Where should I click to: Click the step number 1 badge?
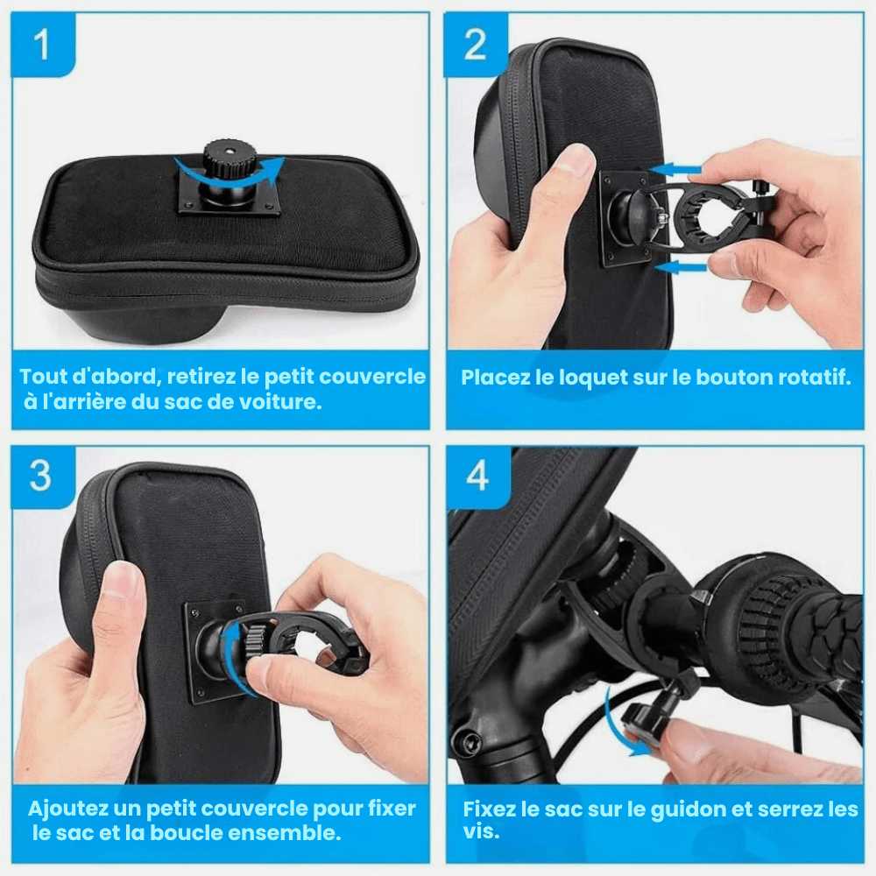43,45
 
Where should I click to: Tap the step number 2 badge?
476,45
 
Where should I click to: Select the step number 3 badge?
43,477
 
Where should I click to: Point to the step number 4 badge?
477,477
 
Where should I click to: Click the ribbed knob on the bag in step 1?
230,158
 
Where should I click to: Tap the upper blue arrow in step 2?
676,169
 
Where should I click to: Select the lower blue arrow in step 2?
680,267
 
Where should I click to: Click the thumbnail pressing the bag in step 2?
576,158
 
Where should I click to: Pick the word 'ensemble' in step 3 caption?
281,832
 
